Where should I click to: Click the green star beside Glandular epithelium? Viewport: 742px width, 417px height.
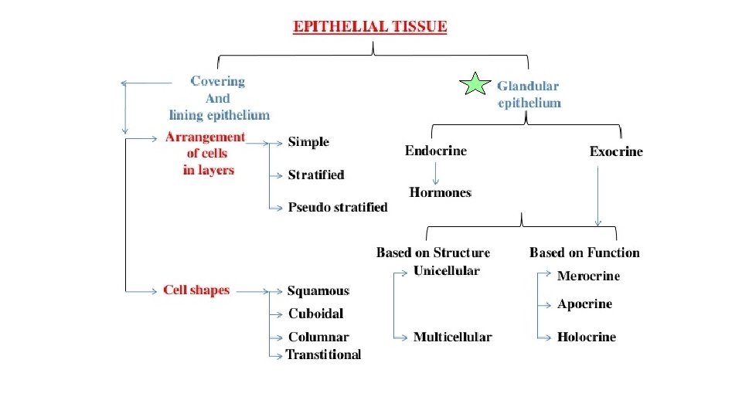475,84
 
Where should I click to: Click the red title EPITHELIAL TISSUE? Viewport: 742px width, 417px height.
370,26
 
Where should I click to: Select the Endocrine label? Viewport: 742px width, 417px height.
435,151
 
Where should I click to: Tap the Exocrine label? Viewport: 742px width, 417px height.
616,151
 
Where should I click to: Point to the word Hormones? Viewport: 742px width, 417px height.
440,192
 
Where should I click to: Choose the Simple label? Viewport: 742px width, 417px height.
308,142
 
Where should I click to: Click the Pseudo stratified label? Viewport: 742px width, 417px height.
338,207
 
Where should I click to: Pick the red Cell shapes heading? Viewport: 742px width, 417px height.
196,290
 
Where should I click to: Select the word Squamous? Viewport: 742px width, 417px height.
318,291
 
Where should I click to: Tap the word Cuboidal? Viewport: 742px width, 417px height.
315,314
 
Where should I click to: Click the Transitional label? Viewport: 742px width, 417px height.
323,354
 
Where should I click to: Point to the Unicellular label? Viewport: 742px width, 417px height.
446,270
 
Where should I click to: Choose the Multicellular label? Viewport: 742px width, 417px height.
452,337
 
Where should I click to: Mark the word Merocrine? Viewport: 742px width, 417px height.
588,276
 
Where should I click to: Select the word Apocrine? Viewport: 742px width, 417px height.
584,304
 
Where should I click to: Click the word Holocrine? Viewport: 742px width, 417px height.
587,337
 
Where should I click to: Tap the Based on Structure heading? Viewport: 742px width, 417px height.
433,253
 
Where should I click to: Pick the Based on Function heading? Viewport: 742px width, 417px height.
584,253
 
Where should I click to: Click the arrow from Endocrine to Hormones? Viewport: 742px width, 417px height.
435,171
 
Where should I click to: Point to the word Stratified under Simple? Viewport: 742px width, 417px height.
315,175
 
